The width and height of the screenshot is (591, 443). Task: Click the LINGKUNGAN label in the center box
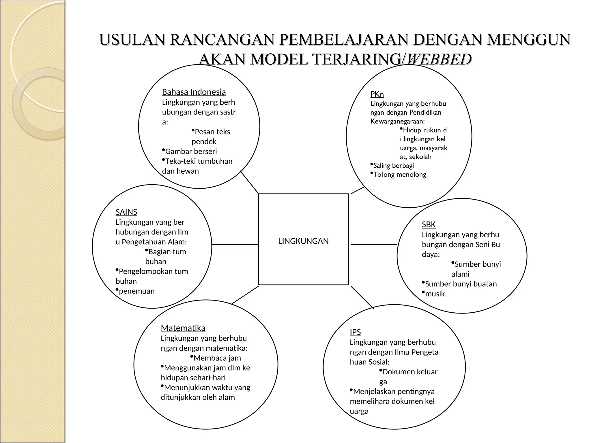303,241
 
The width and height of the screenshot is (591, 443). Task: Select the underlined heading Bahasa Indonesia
194,92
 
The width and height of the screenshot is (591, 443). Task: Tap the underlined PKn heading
377,94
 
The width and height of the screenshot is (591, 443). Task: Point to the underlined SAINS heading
126,212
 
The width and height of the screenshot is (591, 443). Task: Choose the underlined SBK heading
429,224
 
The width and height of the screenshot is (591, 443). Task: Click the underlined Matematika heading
183,328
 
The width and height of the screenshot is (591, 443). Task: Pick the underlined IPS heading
355,332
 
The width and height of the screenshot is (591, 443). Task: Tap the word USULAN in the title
132,40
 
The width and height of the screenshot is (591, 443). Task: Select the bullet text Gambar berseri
191,151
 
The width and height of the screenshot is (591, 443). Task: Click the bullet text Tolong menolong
400,174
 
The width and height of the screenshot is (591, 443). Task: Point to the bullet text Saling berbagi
393,166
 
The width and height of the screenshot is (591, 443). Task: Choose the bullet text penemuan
136,291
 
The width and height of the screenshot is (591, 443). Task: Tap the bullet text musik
435,294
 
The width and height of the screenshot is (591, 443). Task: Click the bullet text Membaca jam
217,358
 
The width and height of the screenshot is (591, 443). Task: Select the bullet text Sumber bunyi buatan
461,284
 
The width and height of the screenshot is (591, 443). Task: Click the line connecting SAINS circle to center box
235,245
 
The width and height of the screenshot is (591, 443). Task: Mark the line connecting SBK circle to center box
374,245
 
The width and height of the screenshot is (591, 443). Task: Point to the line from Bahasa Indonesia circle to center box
250,182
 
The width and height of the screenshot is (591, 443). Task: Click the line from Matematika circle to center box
245,295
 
